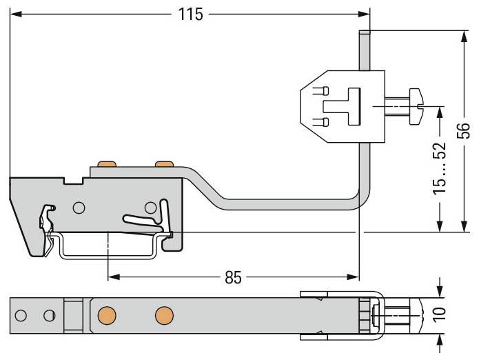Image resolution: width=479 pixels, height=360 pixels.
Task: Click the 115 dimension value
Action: tap(190, 14)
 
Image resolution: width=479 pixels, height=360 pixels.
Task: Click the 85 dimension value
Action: tap(233, 277)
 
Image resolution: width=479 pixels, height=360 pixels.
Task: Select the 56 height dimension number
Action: tap(463, 130)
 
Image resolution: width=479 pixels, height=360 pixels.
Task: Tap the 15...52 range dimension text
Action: tap(440, 168)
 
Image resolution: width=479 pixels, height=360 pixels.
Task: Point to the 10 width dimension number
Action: tap(440, 315)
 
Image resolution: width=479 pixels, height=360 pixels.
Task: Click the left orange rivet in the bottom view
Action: tap(107, 316)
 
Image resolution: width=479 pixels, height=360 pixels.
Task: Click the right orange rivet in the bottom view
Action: tap(164, 316)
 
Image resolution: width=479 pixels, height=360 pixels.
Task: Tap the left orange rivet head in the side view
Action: tap(107, 164)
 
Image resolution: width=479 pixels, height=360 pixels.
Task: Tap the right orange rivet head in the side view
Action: tap(164, 164)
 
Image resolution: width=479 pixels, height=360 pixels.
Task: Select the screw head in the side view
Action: tap(417, 106)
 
